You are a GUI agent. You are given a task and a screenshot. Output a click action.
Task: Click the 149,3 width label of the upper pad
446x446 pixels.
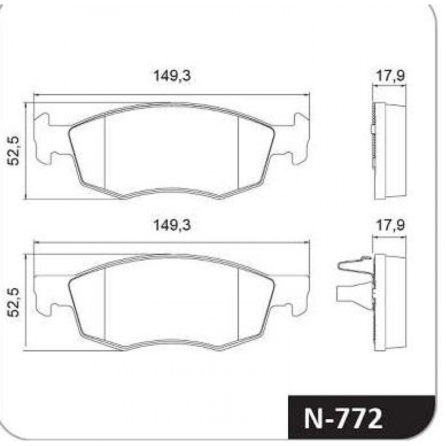[172, 76]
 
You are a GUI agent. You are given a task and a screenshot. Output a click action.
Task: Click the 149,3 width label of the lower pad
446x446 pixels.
[172, 225]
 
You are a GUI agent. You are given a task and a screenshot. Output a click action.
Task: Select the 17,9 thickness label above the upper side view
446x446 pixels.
[389, 76]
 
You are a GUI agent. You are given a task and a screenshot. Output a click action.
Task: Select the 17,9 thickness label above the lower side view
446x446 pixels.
[389, 225]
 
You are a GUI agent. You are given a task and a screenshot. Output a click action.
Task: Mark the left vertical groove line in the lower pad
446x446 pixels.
[105, 304]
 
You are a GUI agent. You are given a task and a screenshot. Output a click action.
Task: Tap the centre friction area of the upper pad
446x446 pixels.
[172, 148]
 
